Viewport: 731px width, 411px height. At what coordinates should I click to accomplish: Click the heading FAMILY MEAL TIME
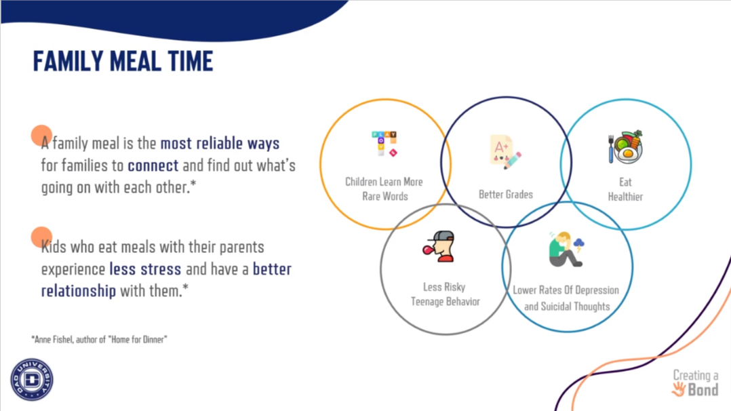tap(123, 61)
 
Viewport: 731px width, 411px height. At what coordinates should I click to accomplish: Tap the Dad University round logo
tap(32, 379)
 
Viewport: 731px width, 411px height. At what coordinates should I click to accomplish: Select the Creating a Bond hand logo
tap(695, 383)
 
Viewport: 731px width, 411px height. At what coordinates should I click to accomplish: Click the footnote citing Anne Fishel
tap(99, 340)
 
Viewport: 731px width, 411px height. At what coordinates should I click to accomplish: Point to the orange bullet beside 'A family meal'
tap(41, 136)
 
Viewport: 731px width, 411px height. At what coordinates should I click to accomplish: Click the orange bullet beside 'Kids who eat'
tap(41, 237)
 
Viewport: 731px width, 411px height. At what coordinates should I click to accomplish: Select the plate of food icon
tap(626, 147)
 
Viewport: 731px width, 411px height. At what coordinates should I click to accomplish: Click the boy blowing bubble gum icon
tap(439, 246)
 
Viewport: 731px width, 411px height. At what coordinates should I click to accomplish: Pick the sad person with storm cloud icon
tap(566, 249)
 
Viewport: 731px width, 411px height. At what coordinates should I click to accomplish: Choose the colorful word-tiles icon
tap(384, 144)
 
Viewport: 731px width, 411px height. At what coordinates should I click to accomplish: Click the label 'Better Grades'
tap(506, 194)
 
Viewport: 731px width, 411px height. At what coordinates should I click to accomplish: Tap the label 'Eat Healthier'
tap(626, 189)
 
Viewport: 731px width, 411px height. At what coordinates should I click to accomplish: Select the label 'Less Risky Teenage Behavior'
tap(445, 294)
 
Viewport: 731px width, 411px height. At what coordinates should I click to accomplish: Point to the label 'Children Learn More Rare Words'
tap(384, 189)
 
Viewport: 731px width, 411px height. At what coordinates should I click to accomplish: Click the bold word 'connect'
tap(153, 165)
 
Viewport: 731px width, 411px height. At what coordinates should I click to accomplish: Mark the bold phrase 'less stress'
tap(145, 269)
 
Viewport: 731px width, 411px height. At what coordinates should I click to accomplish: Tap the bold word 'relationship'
tap(79, 291)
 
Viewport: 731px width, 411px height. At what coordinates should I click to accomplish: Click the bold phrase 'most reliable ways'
tap(220, 143)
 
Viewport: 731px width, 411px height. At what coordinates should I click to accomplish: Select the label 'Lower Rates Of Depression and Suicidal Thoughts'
tap(566, 298)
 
